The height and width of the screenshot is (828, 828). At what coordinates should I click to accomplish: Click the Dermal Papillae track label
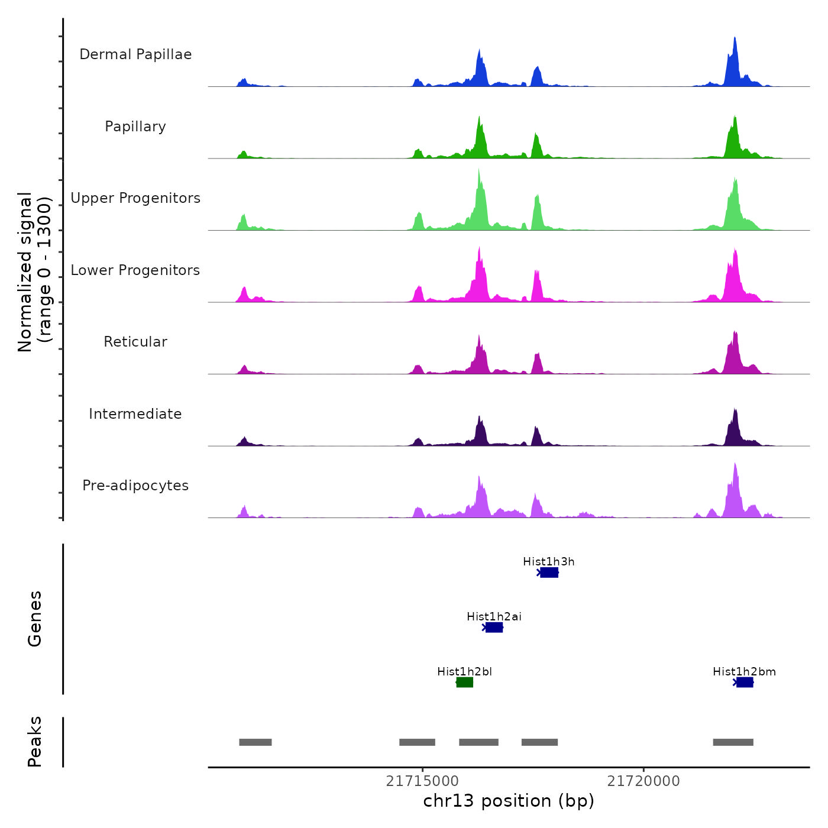pos(135,54)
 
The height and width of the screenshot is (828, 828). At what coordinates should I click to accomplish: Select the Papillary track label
pos(135,127)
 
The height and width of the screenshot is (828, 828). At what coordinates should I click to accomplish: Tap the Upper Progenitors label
pos(135,198)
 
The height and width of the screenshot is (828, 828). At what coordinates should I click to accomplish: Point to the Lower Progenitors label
pos(135,270)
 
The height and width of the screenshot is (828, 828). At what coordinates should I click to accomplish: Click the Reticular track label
pos(135,342)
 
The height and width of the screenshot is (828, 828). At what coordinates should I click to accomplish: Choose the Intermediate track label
pos(135,414)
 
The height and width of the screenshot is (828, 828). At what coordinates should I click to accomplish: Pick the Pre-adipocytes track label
pos(135,486)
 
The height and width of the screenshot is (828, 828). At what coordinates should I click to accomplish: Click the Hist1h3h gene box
pos(549,573)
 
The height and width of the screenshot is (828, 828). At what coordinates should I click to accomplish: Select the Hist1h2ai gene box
pos(494,628)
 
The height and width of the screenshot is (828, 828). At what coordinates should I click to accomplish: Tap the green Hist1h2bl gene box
pos(465,683)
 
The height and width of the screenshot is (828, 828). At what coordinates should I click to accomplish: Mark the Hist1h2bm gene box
pos(745,683)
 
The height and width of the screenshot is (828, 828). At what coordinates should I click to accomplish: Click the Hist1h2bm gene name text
pos(744,672)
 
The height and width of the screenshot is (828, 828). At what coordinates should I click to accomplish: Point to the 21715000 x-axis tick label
pos(422,781)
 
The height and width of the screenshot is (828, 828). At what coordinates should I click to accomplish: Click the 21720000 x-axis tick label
pos(643,781)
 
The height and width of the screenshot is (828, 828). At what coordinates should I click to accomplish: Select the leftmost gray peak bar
pos(255,742)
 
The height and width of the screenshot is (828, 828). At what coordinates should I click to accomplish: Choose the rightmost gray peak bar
pos(733,742)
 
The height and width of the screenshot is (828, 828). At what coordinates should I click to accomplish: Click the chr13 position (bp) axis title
pos(509,801)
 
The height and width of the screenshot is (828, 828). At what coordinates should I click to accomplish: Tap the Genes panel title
pos(35,619)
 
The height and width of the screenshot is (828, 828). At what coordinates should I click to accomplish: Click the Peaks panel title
pos(35,742)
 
